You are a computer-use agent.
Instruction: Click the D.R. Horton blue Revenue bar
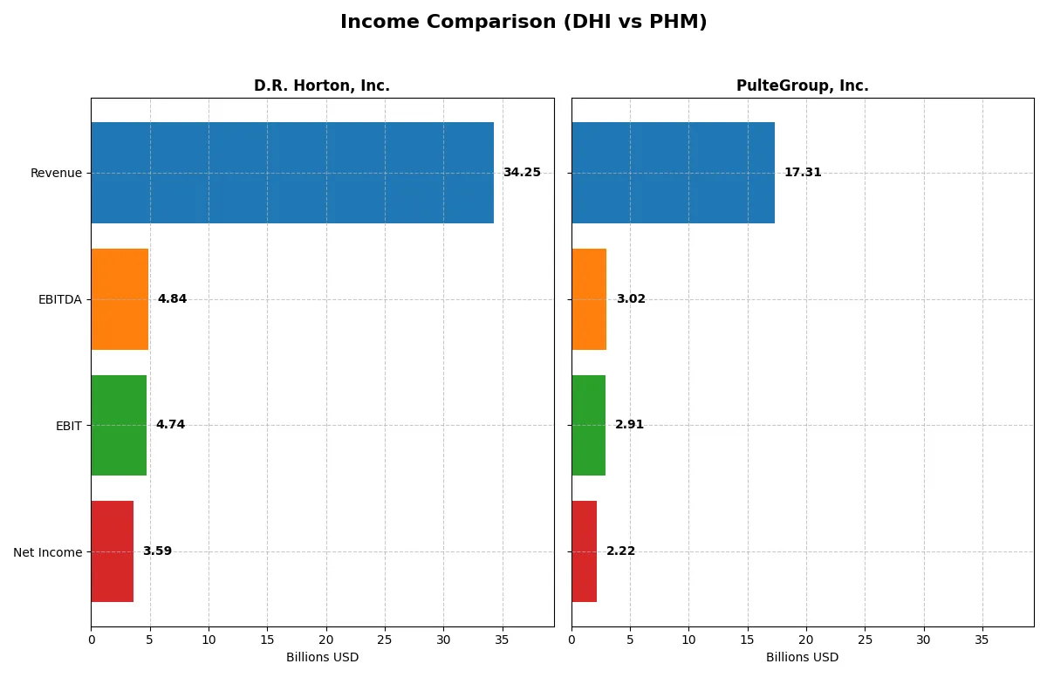[292, 173]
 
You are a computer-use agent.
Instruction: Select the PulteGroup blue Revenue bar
[673, 173]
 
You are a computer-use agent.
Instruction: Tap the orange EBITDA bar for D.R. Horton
[120, 299]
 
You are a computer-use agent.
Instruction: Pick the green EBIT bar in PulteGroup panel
[588, 425]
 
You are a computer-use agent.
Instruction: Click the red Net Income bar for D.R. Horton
[112, 551]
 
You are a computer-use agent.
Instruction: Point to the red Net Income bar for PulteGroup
[584, 551]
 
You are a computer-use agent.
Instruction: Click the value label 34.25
[522, 173]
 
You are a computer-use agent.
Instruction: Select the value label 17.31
[803, 173]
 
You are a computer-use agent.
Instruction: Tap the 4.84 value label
[172, 299]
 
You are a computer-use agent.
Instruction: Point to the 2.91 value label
[629, 425]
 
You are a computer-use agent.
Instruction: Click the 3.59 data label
[157, 551]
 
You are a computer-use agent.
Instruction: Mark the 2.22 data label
[620, 551]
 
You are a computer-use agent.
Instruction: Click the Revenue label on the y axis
[56, 173]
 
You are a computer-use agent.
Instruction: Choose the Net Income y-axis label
[48, 552]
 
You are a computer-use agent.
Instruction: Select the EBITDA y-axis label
[60, 299]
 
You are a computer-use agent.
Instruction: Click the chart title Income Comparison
[523, 23]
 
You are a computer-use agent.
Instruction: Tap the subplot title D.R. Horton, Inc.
[322, 86]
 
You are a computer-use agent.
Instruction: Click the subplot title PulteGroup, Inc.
[802, 86]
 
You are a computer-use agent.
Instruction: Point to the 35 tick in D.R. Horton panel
[502, 640]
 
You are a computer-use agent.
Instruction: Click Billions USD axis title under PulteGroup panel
[802, 657]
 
